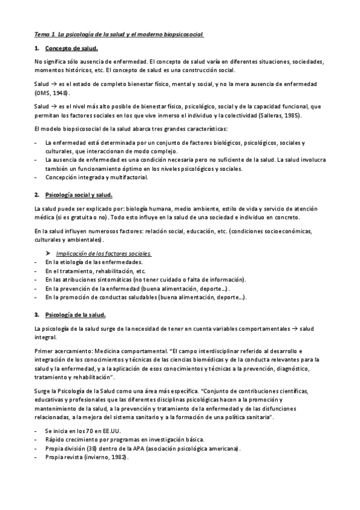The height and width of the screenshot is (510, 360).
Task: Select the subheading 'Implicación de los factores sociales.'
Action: point(103,254)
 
